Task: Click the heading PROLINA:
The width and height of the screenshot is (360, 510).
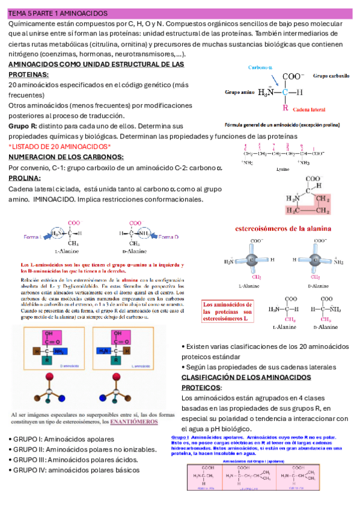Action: coord(25,179)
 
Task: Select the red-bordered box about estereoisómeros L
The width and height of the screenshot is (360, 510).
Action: coord(230,312)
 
